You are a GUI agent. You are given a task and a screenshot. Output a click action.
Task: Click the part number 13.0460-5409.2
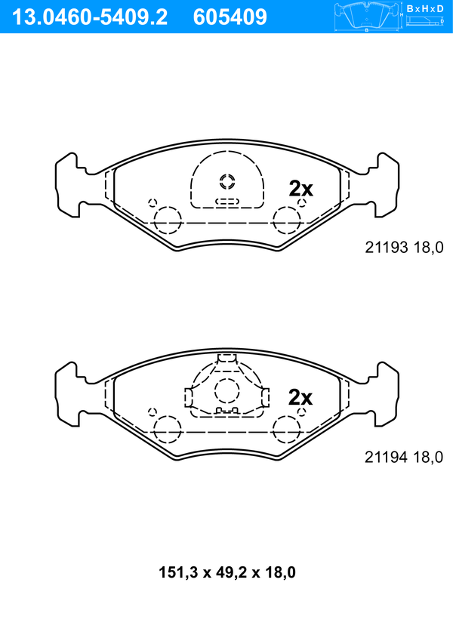point(89,17)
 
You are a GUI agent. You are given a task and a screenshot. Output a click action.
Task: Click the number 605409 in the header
point(230,17)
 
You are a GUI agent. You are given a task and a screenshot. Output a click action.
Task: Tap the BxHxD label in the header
point(425,8)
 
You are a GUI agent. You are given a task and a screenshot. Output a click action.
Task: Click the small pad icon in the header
point(367,17)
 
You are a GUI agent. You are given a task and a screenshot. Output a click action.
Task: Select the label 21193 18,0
point(404,247)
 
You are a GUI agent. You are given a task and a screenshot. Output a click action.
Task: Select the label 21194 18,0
point(404,458)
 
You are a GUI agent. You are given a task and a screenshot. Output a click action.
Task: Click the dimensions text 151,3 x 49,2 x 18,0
point(226,572)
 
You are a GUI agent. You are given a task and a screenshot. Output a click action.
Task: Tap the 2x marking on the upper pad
point(300,189)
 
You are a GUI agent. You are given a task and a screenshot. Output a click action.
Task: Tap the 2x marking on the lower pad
point(300,398)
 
